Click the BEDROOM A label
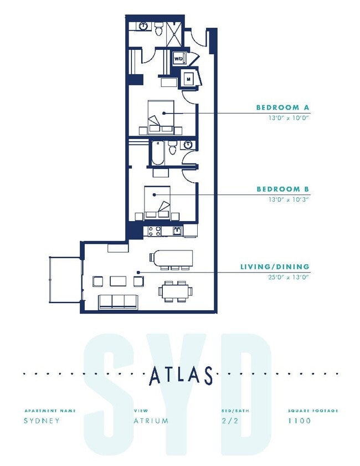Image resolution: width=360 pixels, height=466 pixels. [282, 107]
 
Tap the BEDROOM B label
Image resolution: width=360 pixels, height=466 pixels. [282, 190]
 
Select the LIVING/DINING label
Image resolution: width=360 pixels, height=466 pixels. [274, 267]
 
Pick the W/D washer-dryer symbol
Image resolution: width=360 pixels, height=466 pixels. [179, 58]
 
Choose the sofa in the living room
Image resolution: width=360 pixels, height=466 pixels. [117, 301]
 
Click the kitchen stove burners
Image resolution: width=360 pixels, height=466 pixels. [153, 230]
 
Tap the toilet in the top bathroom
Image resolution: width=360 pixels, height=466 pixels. [159, 29]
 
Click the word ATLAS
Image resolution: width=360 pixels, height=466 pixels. [181, 376]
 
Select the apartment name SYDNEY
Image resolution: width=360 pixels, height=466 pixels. [42, 421]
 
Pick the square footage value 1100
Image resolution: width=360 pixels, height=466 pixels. [299, 421]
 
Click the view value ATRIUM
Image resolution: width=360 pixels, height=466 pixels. [151, 421]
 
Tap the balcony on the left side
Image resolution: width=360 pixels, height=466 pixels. [65, 280]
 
